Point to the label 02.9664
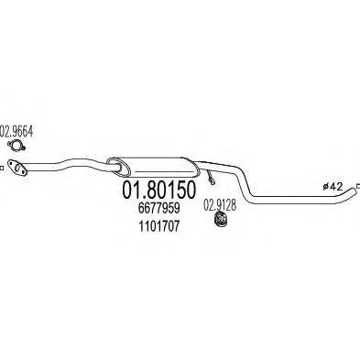(x=16, y=130)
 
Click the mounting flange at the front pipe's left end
(x=15, y=168)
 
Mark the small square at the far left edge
(x=3, y=167)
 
